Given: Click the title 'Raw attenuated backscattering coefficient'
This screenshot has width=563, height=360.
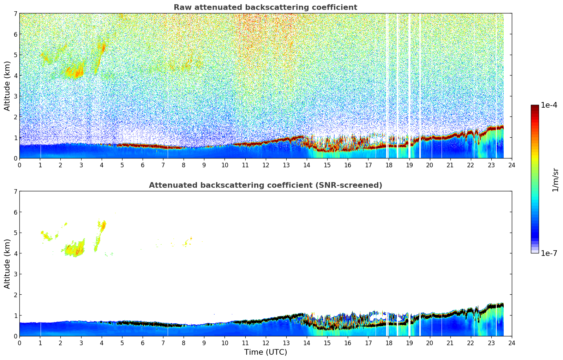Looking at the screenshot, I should [x=265, y=7].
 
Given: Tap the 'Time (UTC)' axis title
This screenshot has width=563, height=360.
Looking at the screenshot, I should [x=265, y=352].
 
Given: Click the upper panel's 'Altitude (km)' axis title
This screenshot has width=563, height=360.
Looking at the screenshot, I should [x=7, y=86].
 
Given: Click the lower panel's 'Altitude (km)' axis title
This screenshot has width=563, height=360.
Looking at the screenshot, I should [x=7, y=264].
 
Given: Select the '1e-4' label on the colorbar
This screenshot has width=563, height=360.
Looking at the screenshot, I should [x=549, y=105].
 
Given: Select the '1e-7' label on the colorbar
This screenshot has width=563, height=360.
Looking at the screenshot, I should [x=549, y=253].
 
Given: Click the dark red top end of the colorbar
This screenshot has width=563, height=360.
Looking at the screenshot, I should [x=534, y=107].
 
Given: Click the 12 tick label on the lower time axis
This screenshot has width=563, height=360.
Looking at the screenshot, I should [x=265, y=343].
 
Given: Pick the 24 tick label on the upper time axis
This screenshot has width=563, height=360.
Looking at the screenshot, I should [x=511, y=165].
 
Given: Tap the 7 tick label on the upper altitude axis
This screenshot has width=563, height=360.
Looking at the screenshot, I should [x=15, y=14].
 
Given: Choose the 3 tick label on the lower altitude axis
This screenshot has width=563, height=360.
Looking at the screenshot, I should [x=15, y=274].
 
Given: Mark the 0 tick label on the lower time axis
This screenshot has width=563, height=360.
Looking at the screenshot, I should [x=19, y=343].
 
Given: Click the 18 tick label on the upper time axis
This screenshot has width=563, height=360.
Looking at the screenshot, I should [x=389, y=165].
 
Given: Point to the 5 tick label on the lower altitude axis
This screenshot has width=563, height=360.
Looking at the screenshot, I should [x=15, y=233].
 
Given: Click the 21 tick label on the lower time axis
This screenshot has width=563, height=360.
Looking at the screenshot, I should [x=450, y=343].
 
